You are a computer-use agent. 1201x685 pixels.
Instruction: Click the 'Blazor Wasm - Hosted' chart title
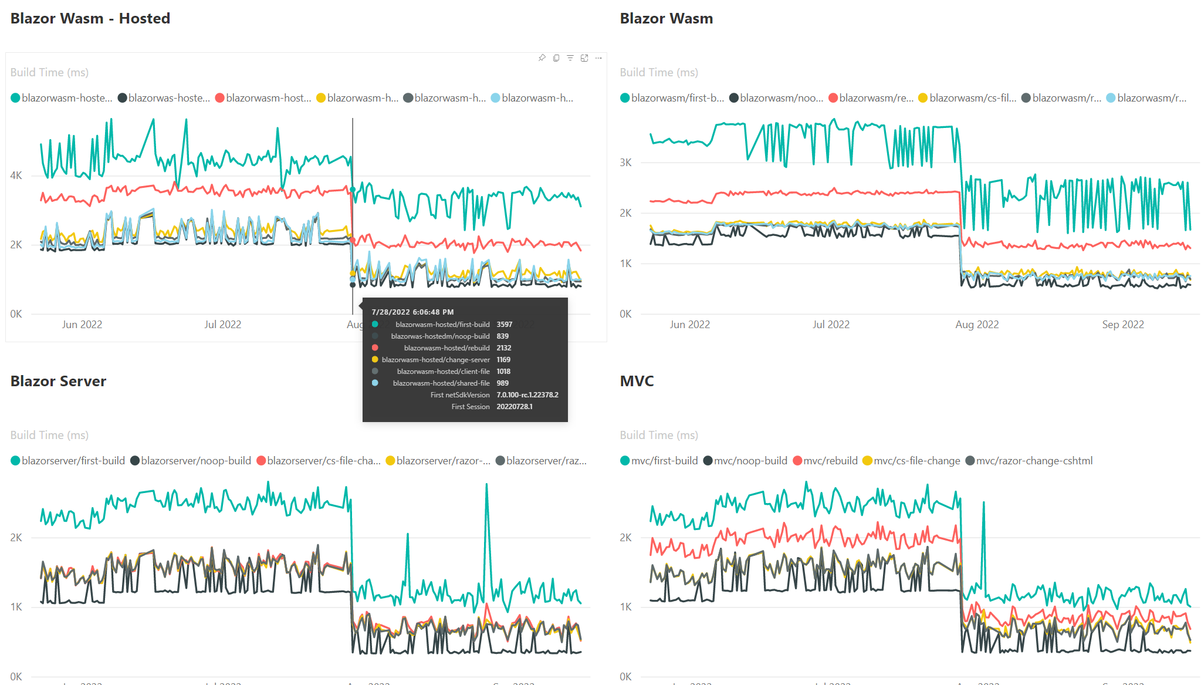90,19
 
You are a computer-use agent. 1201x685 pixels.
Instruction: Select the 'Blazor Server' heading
58,382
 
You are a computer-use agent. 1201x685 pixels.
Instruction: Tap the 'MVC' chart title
637,382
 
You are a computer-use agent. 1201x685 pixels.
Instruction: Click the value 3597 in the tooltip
504,325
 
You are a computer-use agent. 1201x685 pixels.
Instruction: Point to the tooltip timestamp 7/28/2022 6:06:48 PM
412,312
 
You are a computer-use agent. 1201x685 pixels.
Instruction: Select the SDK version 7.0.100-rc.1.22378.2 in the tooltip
527,395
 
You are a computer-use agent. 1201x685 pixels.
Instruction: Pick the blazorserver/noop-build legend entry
195,461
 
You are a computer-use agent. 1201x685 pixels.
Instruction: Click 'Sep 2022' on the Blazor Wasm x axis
1122,325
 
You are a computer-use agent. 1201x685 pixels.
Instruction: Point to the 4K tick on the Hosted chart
16,176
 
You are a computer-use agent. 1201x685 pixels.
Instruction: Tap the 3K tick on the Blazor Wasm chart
625,163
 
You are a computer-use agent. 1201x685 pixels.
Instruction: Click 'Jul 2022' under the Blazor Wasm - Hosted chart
222,325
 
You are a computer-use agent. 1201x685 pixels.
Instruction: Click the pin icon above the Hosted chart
542,58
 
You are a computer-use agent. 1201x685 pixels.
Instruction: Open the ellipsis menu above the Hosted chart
598,58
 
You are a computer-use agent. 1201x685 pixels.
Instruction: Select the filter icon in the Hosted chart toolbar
570,58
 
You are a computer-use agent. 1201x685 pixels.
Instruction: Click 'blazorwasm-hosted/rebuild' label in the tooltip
446,348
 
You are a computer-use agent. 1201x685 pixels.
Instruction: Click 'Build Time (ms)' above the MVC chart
659,435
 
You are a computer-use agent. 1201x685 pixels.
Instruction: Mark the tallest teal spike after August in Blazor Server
486,485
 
